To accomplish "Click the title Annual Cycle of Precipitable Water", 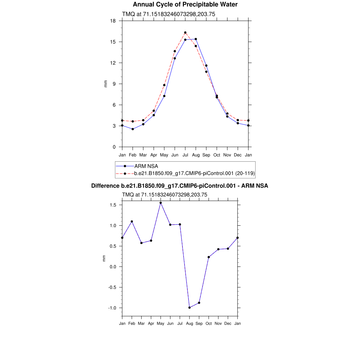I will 185,5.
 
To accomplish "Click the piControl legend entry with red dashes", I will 194,173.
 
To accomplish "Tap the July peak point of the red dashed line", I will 185,33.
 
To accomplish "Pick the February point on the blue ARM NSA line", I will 133,129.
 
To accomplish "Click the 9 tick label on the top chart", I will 114,84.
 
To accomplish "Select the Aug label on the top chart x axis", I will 196,155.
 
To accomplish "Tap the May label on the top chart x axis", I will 164,155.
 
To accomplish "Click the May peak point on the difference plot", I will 161,203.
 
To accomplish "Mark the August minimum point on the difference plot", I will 189,308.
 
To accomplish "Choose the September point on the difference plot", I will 199,303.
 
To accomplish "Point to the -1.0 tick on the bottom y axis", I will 113,308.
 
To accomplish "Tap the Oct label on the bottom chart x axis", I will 209,323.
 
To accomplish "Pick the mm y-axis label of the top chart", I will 105,84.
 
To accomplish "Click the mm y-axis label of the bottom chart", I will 104,258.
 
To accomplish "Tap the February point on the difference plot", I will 132,221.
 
